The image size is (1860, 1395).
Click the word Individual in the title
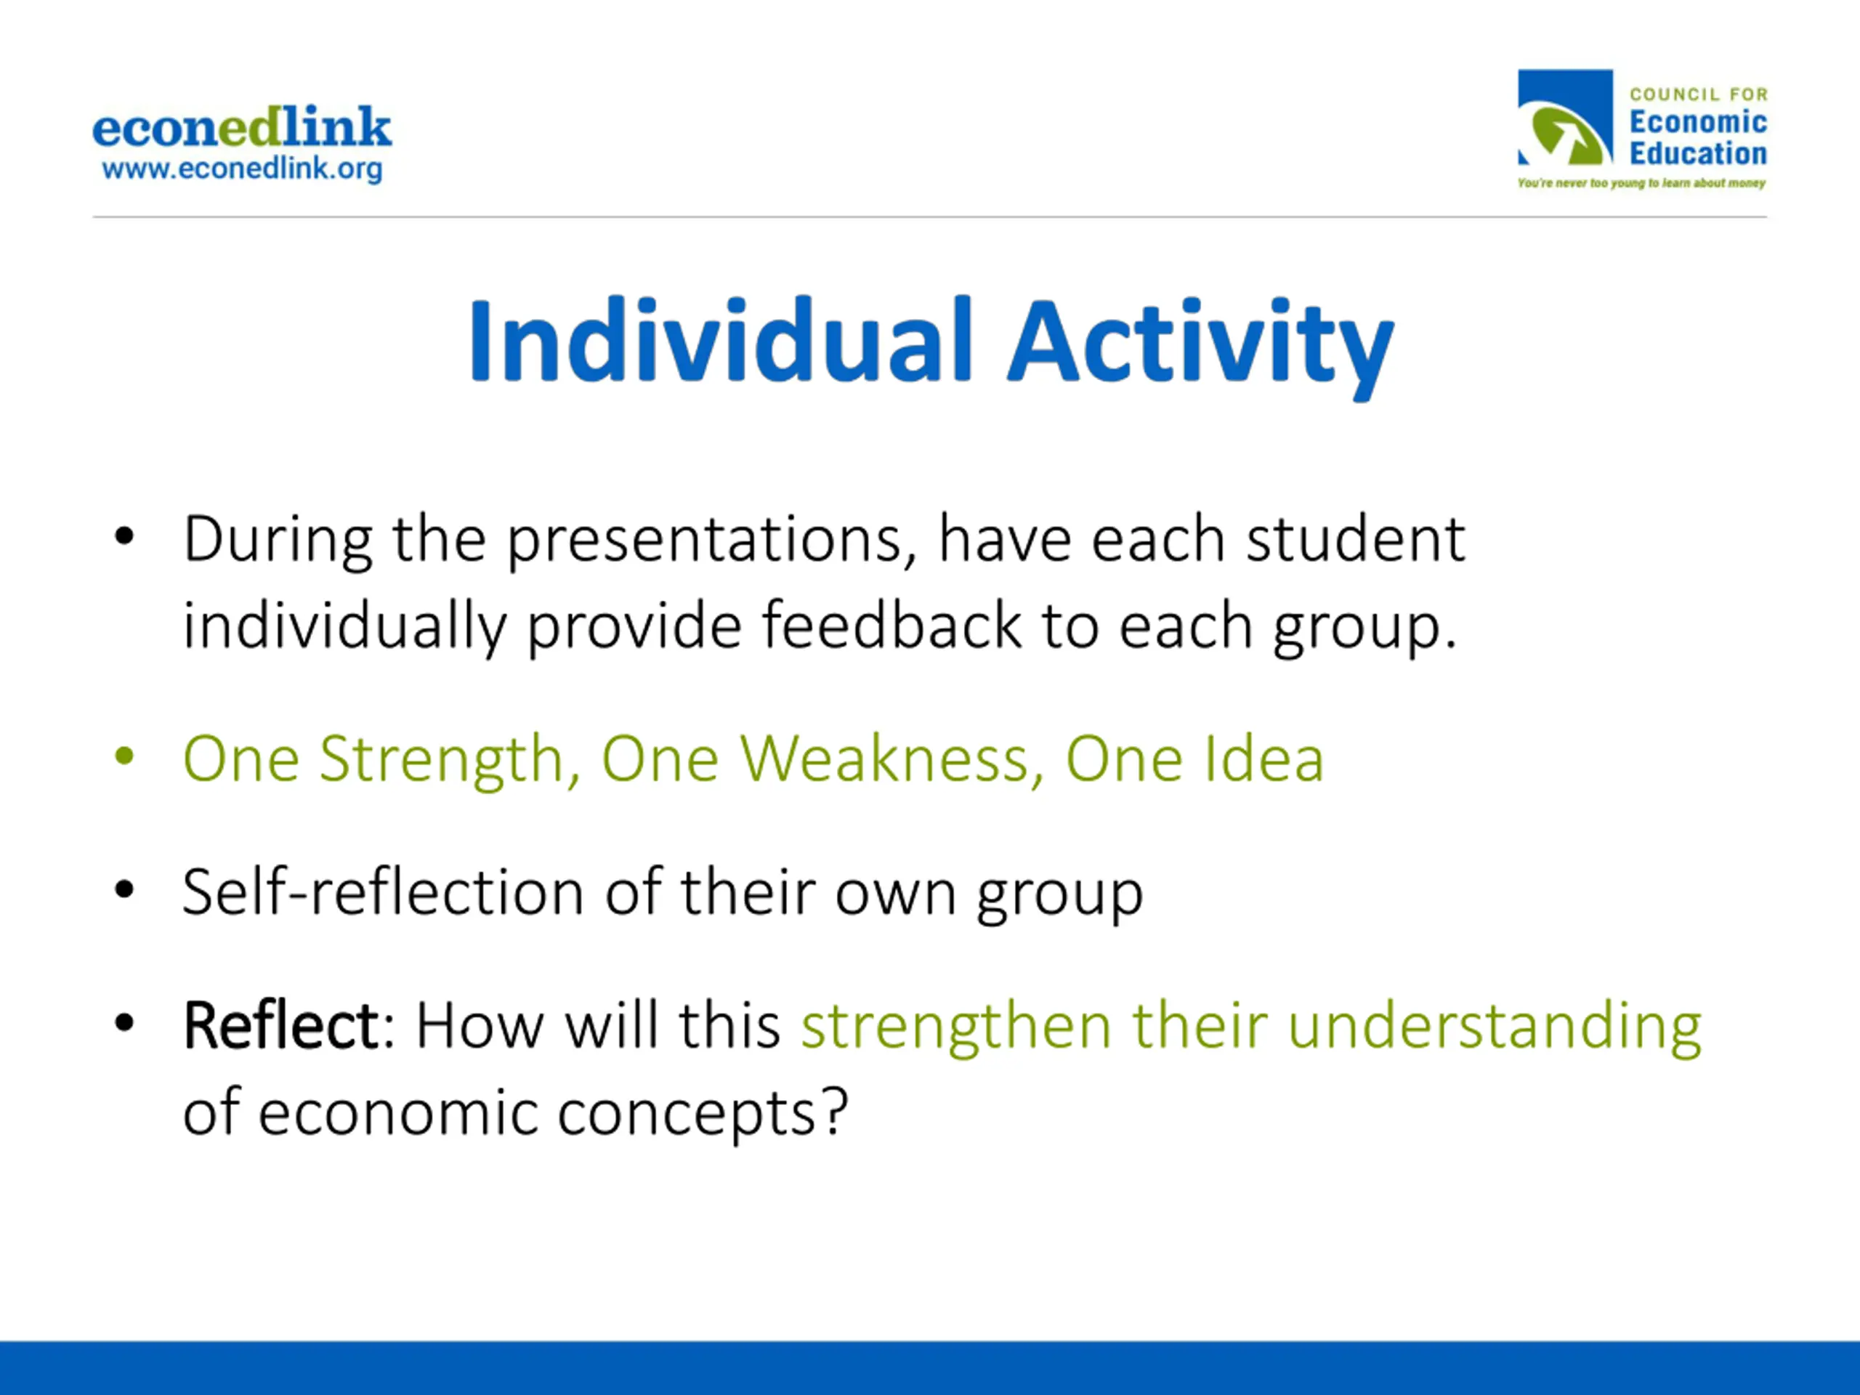point(721,341)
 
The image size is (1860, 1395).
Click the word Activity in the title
point(1201,347)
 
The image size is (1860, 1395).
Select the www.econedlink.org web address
point(242,169)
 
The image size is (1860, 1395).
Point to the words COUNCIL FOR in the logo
point(1699,94)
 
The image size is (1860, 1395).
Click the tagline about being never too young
point(1641,182)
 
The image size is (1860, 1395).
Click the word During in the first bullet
point(278,540)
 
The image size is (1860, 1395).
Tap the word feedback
point(891,626)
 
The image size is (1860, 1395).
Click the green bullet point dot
point(124,755)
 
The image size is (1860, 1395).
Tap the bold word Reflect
point(282,1025)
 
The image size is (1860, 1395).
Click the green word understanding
point(1495,1027)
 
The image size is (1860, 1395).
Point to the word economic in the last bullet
point(397,1113)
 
